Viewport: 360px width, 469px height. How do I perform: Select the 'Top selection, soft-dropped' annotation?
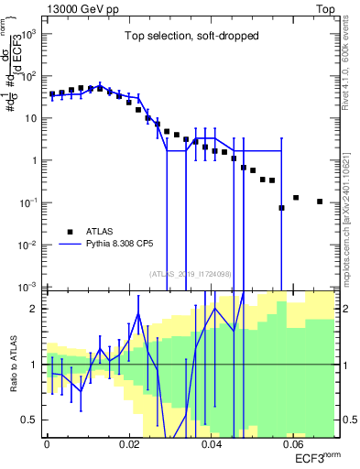[191, 36]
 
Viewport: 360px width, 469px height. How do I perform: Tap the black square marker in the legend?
[71, 232]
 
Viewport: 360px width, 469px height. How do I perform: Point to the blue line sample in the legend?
[71, 245]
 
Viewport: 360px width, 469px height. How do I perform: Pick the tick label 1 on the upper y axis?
[36, 160]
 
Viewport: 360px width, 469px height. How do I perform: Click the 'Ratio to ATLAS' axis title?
[13, 364]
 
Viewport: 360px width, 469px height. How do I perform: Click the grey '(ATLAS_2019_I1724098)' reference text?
[191, 273]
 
